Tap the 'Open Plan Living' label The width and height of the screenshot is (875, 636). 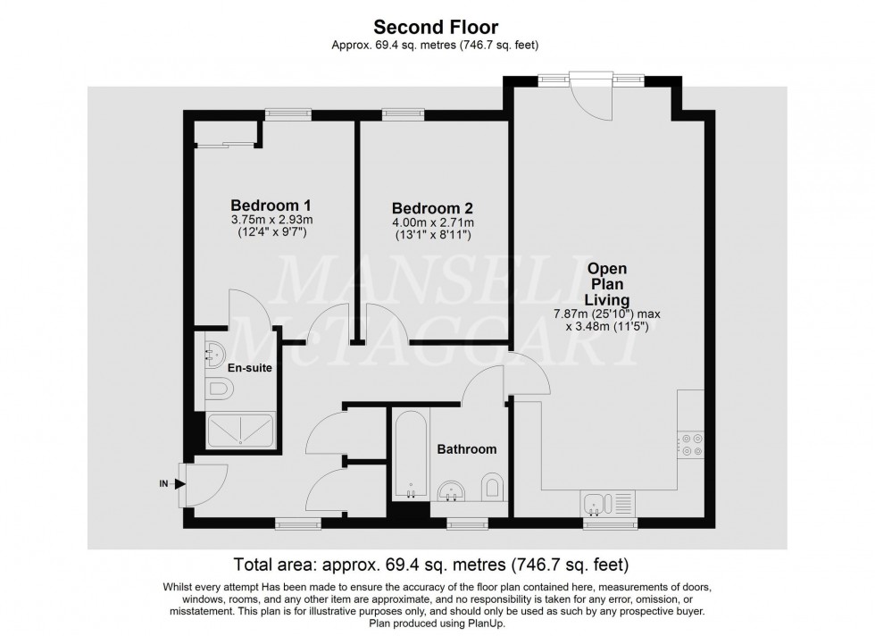pos(607,284)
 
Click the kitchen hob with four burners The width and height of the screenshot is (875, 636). pos(691,445)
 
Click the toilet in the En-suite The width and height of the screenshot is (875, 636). pos(219,389)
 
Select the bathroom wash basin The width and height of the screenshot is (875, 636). pos(452,490)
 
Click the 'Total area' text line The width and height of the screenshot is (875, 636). pos(431,564)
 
